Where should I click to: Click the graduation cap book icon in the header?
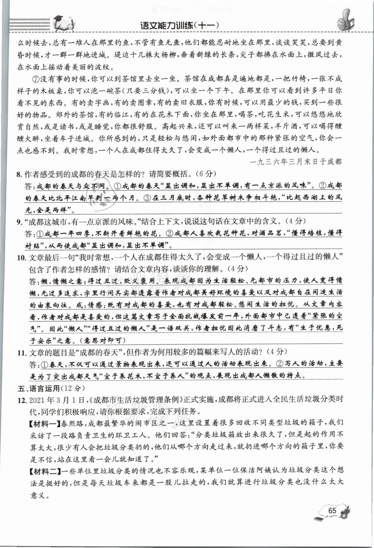click(x=64, y=23)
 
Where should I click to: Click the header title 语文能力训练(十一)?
click(x=180, y=25)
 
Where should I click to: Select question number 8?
click(x=20, y=174)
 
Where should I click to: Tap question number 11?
click(x=22, y=353)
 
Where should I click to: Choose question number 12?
click(x=22, y=400)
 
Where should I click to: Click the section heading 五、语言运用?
click(x=39, y=389)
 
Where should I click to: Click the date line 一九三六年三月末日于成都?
click(x=296, y=162)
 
